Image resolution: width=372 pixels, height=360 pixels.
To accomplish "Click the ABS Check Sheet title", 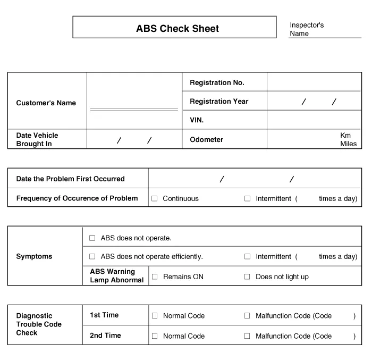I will point(177,29).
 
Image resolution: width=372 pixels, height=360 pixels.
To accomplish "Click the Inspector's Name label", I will point(306,29).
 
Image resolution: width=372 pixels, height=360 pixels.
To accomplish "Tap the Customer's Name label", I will point(46,103).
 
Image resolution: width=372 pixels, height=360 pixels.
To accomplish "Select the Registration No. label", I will point(217,83).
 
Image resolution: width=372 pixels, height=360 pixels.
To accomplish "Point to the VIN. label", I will point(197,120).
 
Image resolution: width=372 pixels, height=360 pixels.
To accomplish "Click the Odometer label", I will point(206,140).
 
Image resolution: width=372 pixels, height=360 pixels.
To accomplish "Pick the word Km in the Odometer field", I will point(345,136).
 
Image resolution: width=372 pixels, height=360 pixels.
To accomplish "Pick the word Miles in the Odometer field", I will point(348,144).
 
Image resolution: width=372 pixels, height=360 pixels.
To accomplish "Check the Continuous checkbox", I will point(155,199).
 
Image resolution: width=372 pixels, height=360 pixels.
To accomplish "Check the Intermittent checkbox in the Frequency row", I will point(247,199).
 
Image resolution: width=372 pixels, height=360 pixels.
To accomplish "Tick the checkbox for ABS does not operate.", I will point(92,238).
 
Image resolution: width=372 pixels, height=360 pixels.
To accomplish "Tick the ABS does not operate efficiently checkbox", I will point(92,257).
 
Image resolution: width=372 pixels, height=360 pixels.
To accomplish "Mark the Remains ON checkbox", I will point(155,277).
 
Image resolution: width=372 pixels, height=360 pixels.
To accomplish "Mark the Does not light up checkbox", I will point(247,277).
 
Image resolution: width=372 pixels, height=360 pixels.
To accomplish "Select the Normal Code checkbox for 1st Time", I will point(155,316).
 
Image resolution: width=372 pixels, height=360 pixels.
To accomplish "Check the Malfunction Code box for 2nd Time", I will point(247,336).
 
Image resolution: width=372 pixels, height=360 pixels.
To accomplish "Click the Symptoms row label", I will point(34,257).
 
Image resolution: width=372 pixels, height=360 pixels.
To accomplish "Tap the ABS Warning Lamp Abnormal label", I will point(116,276).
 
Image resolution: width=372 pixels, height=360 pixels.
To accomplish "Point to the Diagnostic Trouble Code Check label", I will point(39,324).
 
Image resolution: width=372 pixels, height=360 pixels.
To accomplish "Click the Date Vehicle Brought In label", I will point(37,140).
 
